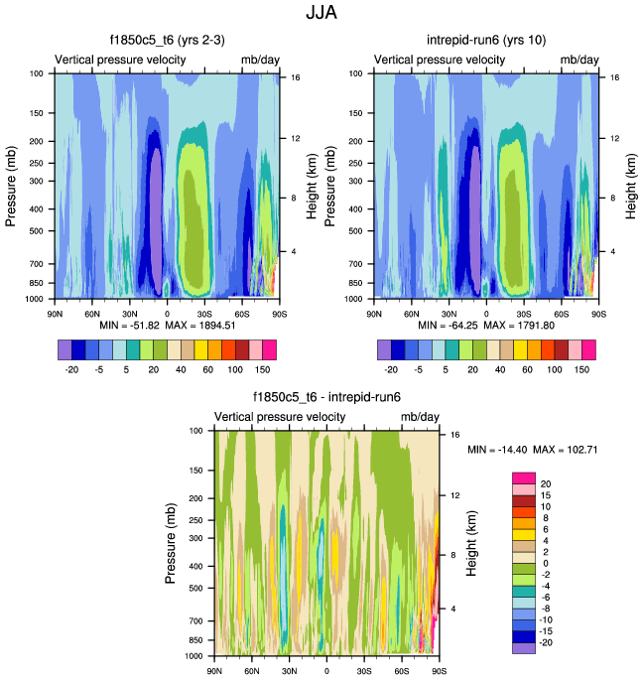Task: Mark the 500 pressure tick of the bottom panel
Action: pyautogui.click(x=194, y=588)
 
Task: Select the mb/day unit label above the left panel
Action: pyautogui.click(x=261, y=61)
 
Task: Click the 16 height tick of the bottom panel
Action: pyautogui.click(x=452, y=435)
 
